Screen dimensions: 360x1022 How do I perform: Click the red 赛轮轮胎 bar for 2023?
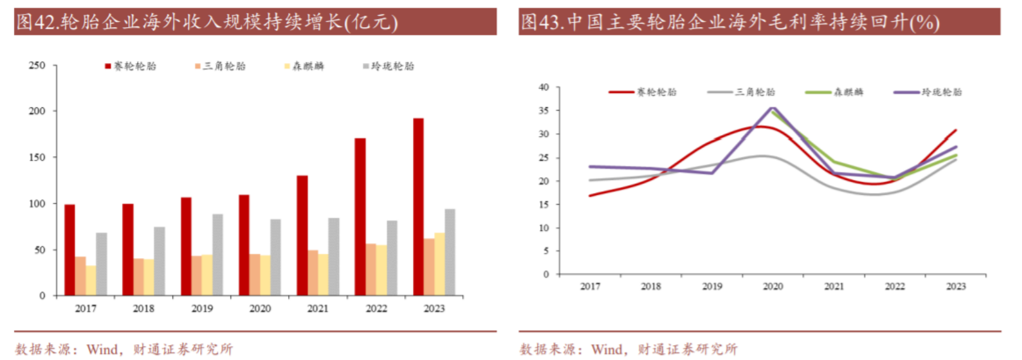418,207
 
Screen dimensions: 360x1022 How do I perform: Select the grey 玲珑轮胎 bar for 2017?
101,264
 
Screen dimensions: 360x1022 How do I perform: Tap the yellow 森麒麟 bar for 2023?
439,264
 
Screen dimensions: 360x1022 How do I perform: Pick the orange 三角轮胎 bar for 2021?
313,273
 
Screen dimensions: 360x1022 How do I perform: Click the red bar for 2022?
360,217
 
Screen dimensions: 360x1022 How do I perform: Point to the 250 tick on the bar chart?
37,65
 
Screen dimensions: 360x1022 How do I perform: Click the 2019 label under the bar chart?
202,308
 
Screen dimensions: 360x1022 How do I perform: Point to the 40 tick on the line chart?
544,87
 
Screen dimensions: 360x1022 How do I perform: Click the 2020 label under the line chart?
773,286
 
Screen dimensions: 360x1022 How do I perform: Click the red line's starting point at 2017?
590,196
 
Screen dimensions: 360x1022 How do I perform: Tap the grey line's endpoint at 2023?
956,160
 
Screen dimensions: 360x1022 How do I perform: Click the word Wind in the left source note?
102,349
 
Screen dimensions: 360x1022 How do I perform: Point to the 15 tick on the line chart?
544,205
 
